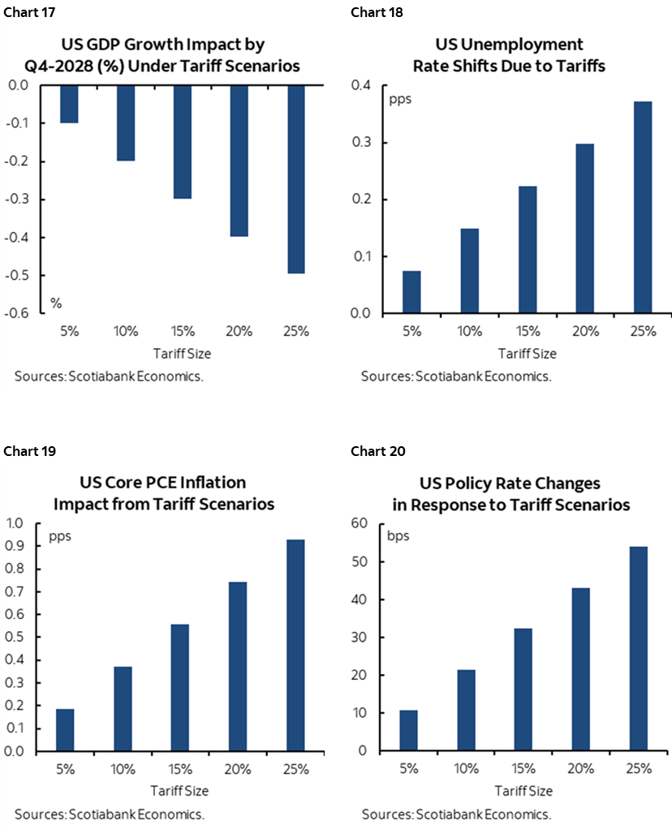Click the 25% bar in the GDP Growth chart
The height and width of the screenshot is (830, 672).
[x=297, y=178]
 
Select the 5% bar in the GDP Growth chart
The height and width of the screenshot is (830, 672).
[x=69, y=104]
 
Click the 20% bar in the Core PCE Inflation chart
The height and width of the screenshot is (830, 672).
[x=238, y=666]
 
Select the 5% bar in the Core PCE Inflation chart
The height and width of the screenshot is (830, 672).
[x=65, y=729]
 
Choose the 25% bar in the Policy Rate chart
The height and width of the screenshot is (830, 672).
[x=640, y=648]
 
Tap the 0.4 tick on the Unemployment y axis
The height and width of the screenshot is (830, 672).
[x=360, y=86]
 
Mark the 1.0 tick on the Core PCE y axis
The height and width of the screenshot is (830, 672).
[x=15, y=523]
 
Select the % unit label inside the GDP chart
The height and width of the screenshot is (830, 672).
[x=56, y=303]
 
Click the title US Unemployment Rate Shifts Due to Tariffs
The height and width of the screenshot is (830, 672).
[x=509, y=55]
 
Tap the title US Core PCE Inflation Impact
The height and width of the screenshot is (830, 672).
[x=163, y=493]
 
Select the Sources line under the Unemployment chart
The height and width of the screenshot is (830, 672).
[x=456, y=376]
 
